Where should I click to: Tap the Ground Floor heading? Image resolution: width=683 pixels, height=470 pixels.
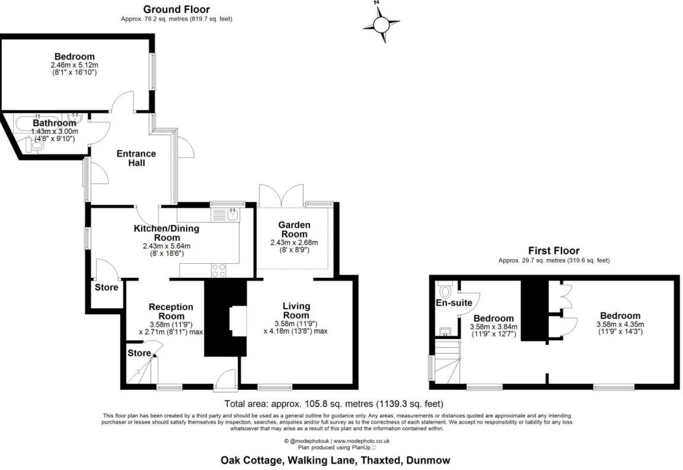click(176, 9)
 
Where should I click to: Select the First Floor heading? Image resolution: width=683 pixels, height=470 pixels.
click(554, 251)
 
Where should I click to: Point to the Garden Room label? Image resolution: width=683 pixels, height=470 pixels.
click(294, 229)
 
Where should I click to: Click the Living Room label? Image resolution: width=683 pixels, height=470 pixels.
click(296, 310)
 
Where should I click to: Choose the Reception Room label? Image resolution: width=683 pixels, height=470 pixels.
click(171, 311)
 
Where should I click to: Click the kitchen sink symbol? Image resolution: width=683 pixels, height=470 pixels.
click(233, 214)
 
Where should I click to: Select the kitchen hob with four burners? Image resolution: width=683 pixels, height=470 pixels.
click(218, 270)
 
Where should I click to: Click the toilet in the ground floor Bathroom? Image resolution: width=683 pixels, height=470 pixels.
click(37, 144)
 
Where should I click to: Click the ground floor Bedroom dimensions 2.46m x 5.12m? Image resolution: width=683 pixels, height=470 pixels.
click(74, 65)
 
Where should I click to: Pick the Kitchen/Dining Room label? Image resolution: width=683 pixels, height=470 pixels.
click(166, 233)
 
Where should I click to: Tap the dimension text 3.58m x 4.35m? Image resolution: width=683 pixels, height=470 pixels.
click(620, 325)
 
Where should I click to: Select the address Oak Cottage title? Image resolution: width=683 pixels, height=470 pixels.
click(335, 460)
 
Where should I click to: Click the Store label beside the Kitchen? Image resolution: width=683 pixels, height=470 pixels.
click(106, 287)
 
